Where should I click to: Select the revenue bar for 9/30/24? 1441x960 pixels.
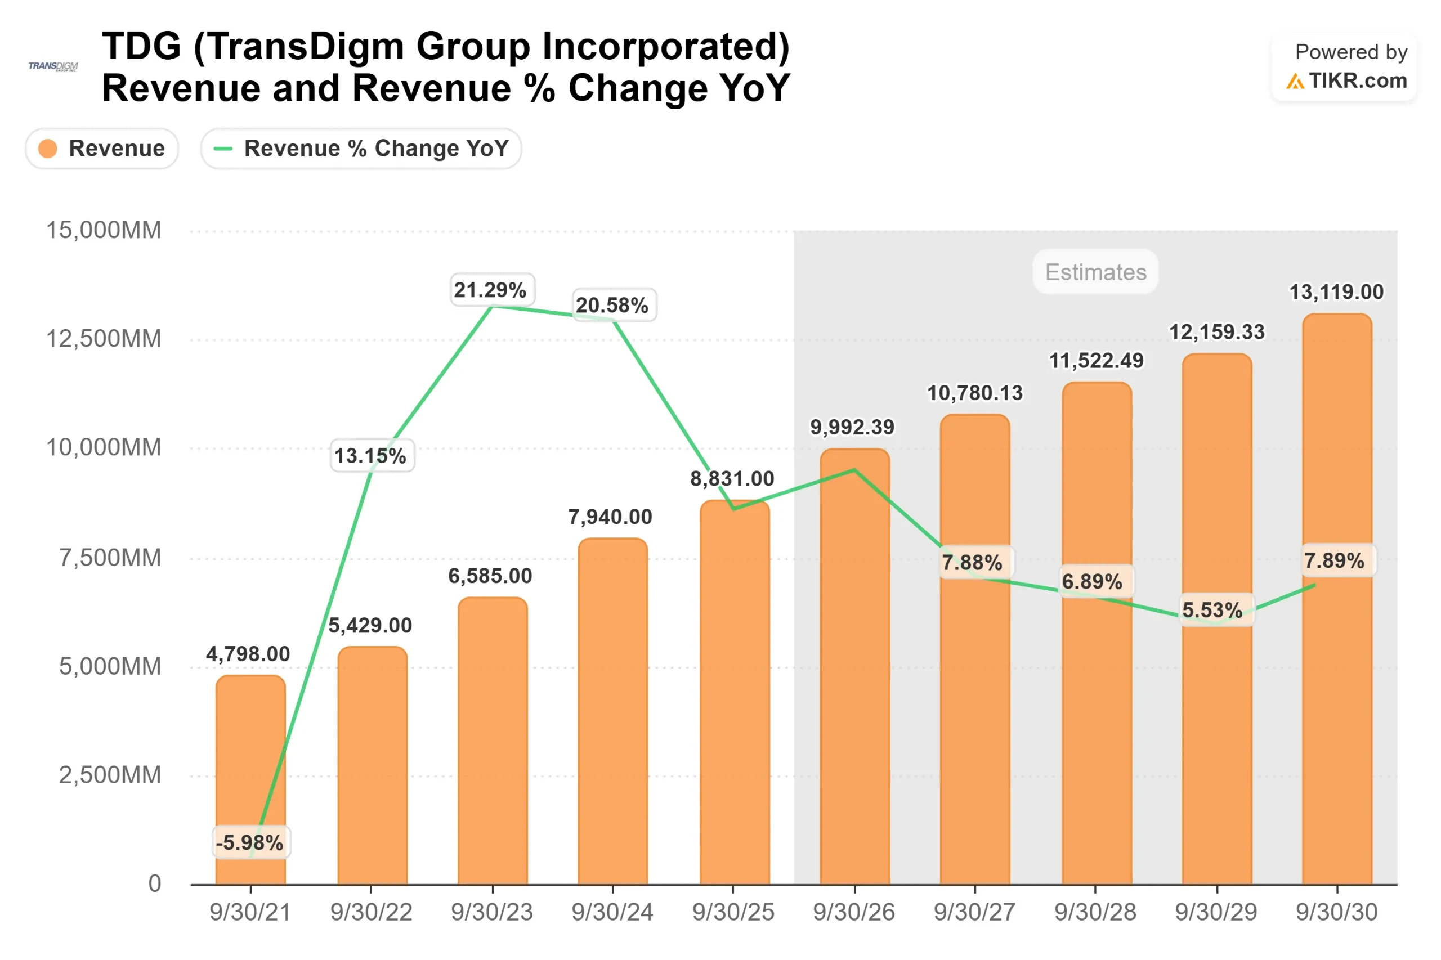pos(612,710)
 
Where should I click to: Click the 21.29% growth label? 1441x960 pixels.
pos(490,290)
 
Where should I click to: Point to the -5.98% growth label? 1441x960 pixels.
pos(250,843)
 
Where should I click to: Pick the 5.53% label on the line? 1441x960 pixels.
pos(1212,611)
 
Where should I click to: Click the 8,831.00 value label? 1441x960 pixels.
pos(732,479)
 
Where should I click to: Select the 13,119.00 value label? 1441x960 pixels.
pos(1336,292)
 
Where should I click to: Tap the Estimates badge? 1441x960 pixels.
pos(1095,272)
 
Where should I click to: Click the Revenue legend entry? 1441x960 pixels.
pos(102,149)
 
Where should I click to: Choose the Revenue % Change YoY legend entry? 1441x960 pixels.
pos(361,149)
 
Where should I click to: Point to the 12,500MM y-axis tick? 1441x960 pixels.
pos(104,339)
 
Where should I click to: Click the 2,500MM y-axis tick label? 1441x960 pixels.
pos(110,775)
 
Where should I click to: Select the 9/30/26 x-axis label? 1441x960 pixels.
pos(854,912)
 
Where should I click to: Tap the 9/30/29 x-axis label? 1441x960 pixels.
pos(1216,912)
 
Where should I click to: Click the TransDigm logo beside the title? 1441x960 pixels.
pos(53,66)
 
